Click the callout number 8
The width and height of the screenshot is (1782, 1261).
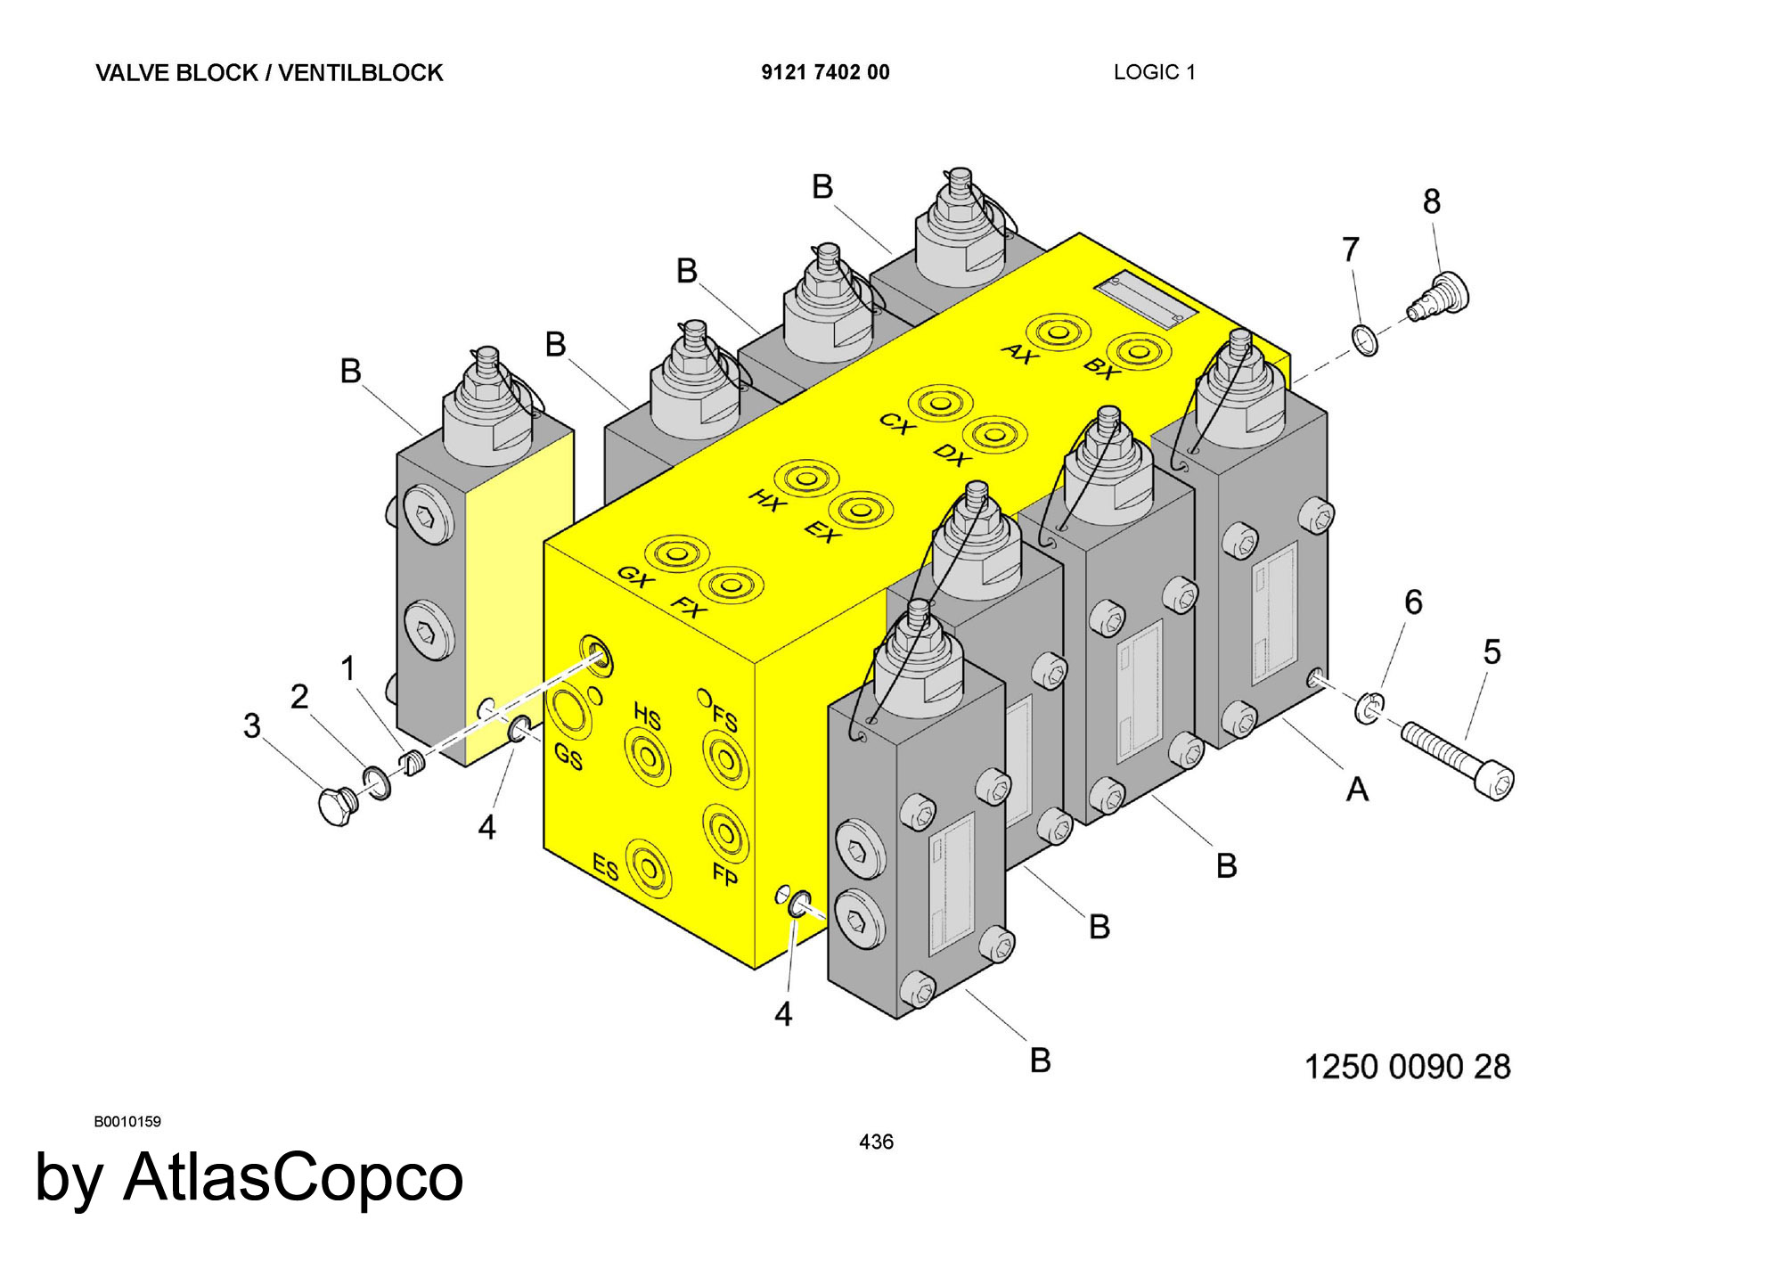pos(1432,202)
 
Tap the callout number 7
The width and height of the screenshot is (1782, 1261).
pos(1351,250)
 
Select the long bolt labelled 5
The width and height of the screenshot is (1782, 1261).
pos(1458,760)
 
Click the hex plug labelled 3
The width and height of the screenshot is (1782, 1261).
pos(339,806)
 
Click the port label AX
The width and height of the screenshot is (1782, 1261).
pos(1019,354)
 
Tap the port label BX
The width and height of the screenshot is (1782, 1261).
pos(1101,369)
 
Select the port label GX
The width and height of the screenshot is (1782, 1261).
pos(635,577)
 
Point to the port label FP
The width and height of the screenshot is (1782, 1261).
pos(725,874)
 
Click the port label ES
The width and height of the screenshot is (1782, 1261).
pos(606,866)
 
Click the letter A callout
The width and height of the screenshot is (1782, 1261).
pos(1357,789)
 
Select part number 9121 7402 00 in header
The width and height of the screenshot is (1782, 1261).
pos(825,72)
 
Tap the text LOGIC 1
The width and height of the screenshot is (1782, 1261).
pos(1155,72)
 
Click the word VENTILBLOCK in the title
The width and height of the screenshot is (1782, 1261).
pos(361,73)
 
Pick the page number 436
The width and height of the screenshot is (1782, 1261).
pos(876,1142)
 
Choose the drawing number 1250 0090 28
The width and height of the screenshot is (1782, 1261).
pos(1408,1067)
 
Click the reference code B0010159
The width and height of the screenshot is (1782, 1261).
pos(127,1122)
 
